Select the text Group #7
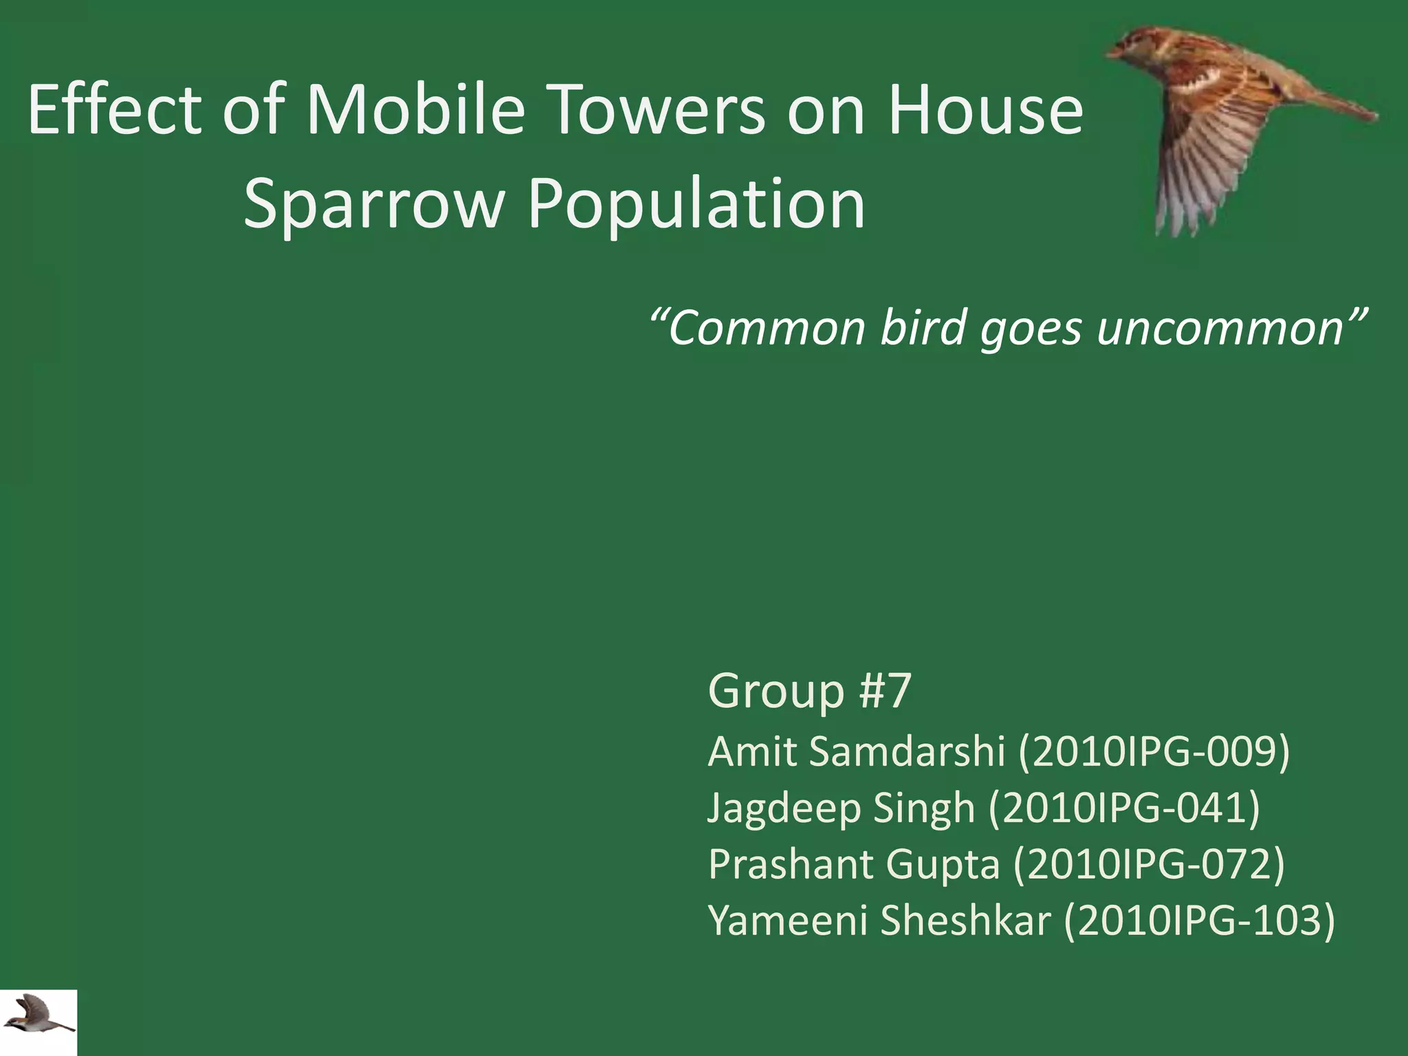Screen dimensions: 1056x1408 tap(809, 690)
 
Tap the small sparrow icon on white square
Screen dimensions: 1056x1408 tap(38, 1022)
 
